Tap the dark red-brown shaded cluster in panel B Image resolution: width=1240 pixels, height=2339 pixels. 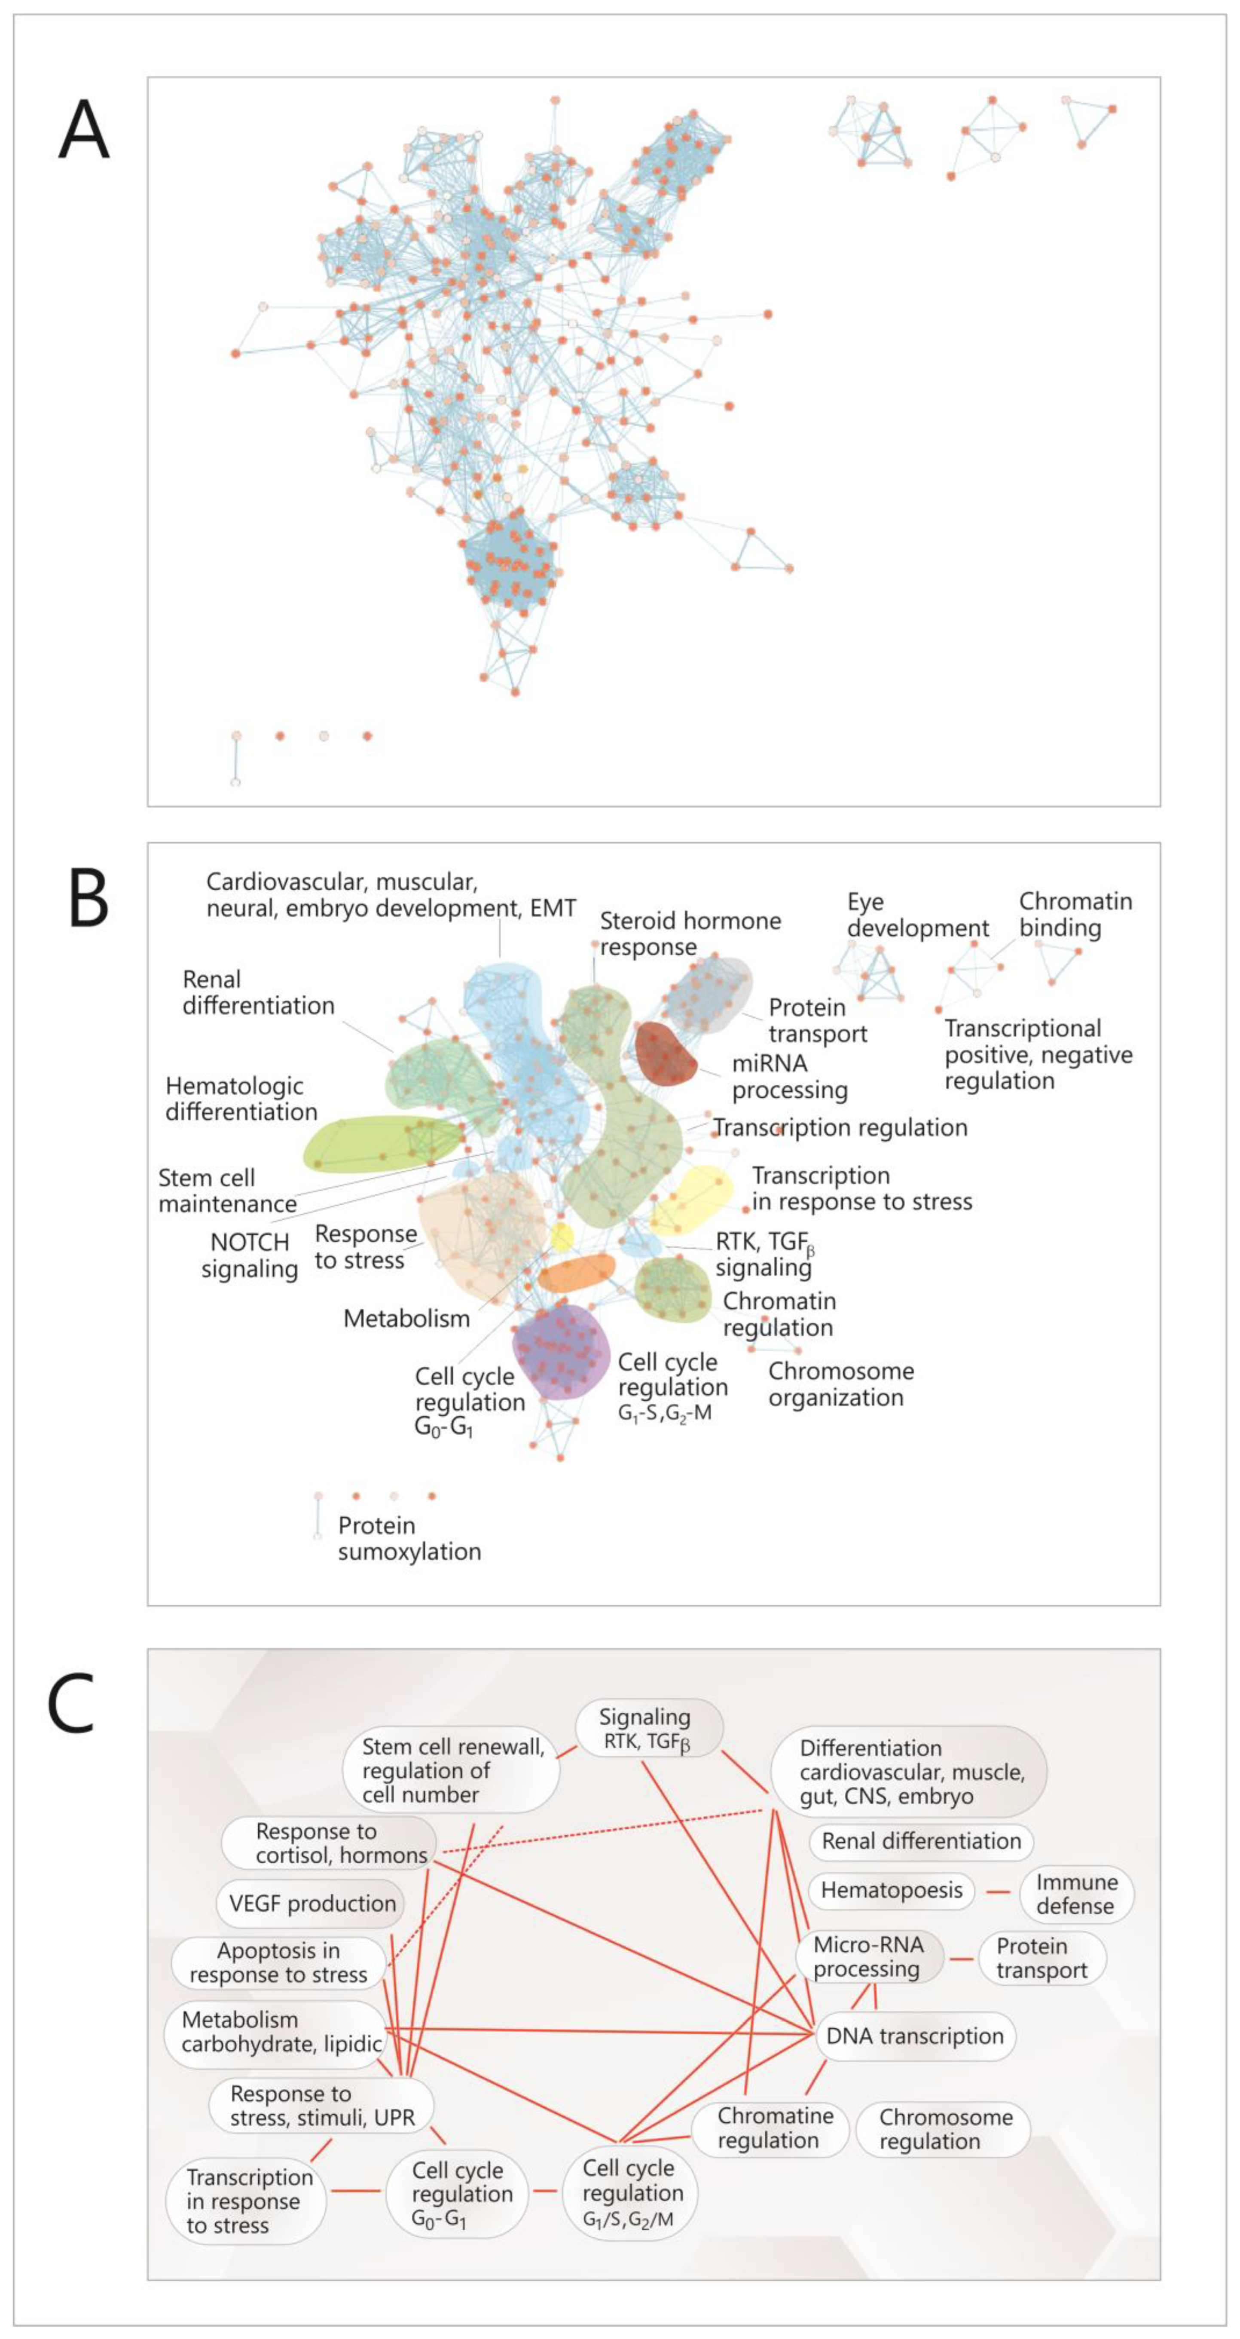665,1055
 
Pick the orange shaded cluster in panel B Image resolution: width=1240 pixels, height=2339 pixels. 577,1273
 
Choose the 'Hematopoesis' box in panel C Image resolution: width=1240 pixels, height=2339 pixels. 892,1890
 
